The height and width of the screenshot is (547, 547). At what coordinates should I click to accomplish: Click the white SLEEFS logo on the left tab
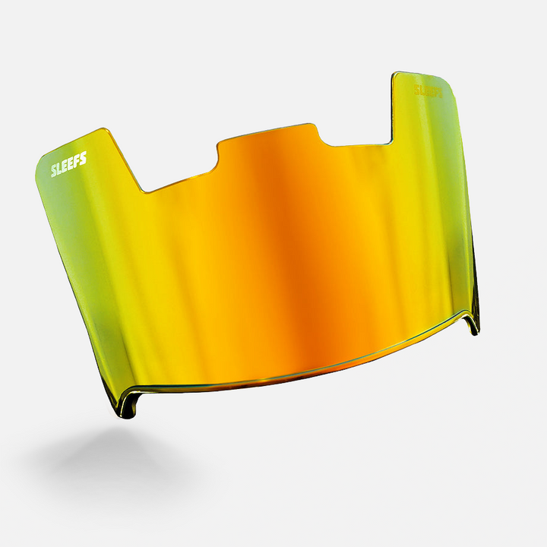click(68, 164)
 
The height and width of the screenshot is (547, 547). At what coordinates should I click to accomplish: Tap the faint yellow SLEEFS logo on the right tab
click(428, 90)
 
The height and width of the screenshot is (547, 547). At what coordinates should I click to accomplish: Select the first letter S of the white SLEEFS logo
click(54, 171)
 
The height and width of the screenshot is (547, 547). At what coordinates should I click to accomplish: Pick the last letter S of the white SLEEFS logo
click(84, 158)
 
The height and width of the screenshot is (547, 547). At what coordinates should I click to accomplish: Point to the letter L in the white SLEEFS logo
click(60, 168)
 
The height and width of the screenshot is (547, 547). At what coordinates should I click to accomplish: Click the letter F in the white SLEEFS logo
click(77, 160)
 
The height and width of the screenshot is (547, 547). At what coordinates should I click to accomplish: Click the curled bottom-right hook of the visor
click(472, 323)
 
